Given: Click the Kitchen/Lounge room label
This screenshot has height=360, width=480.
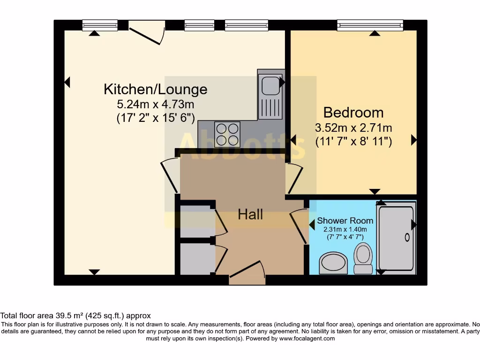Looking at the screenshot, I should click(155, 89).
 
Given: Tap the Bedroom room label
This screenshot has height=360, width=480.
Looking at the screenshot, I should click(353, 112).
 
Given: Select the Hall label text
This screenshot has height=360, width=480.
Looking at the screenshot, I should click(250, 215).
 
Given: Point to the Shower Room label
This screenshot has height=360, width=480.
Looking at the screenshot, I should click(345, 220).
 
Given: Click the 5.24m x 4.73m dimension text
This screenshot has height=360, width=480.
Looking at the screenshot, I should click(155, 104).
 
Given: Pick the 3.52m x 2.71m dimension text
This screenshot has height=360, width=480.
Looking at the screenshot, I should click(353, 127).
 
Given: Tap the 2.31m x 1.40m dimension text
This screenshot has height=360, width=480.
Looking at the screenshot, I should click(345, 229).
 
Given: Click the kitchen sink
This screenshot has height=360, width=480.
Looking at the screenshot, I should click(270, 86).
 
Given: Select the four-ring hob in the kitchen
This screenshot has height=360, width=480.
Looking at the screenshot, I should click(227, 134).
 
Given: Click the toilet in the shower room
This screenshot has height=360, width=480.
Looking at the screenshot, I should click(362, 258).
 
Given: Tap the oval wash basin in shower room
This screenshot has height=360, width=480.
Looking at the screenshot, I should click(333, 263).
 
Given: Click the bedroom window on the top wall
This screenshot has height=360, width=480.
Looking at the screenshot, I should click(370, 25).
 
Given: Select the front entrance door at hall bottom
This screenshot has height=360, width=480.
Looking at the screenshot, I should click(247, 277).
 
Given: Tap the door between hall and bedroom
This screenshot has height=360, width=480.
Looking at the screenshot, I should click(294, 179).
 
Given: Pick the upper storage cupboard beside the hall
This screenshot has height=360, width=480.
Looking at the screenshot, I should click(195, 221).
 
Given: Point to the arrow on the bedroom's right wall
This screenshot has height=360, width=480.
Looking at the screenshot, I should click(414, 140).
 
